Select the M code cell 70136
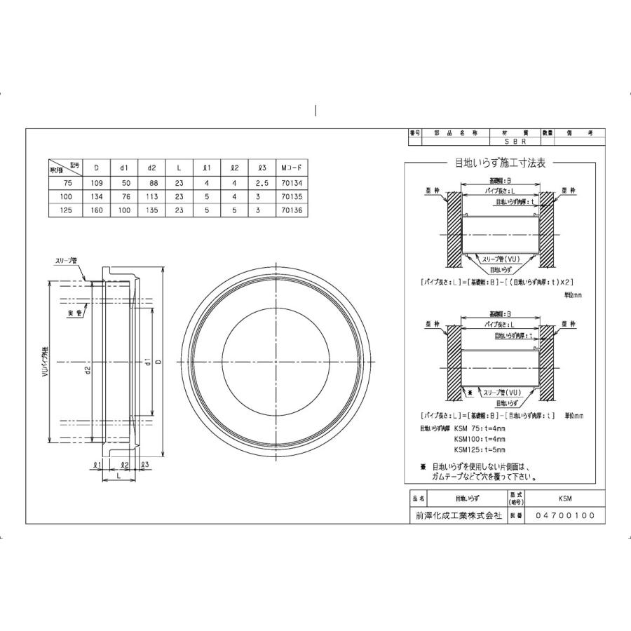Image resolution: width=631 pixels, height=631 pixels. (x=290, y=210)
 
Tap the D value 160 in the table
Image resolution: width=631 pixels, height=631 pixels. (x=96, y=210)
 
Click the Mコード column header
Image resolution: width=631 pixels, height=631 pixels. (x=290, y=168)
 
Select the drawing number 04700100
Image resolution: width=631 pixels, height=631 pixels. (x=564, y=515)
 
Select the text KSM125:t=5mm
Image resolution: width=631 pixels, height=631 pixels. (x=479, y=449)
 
